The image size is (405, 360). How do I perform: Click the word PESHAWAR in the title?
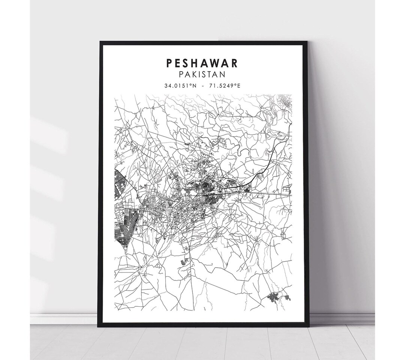pos(202,63)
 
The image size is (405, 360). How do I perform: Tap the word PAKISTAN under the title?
pos(202,75)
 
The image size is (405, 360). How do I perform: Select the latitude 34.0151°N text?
pos(180,86)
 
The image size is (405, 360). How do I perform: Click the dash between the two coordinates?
pos(202,86)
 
